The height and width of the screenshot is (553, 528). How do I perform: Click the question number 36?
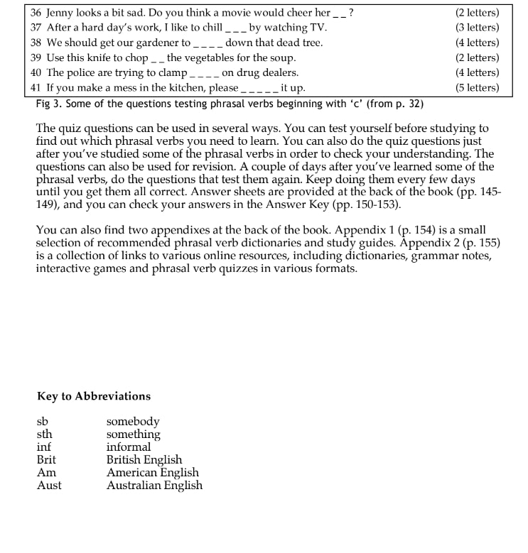click(x=36, y=13)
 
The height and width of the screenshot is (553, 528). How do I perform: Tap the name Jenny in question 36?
click(x=61, y=13)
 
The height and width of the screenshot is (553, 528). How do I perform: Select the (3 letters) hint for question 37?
click(x=477, y=28)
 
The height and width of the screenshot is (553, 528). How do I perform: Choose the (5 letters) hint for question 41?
click(x=477, y=88)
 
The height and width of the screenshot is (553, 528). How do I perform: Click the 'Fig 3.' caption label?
click(x=49, y=104)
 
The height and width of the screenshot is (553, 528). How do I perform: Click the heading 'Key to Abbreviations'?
click(x=94, y=396)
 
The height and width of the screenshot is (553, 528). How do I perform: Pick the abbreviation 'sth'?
click(x=45, y=434)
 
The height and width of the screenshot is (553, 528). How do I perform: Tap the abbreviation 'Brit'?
click(x=46, y=460)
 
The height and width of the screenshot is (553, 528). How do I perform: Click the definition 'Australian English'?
click(x=154, y=486)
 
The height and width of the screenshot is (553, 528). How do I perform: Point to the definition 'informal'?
click(x=129, y=447)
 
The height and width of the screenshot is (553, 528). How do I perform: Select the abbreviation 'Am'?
click(x=46, y=473)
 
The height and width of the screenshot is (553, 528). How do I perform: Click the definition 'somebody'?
click(x=133, y=422)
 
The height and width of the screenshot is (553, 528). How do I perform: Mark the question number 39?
click(x=36, y=58)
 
